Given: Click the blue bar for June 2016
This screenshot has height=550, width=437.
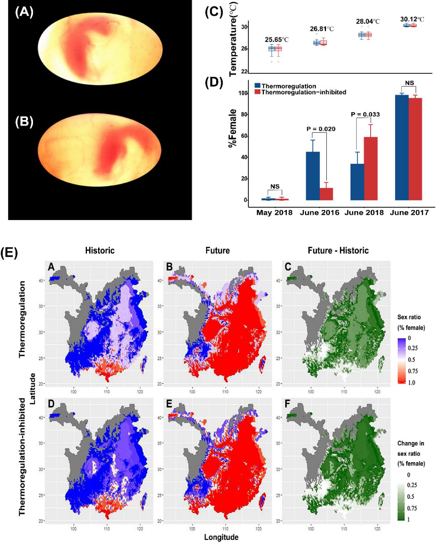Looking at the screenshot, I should (313, 176).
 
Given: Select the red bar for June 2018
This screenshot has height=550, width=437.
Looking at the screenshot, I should (371, 169).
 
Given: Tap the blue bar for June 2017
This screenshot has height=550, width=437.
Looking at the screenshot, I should (402, 147).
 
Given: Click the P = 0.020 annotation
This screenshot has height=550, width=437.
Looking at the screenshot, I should (321, 129).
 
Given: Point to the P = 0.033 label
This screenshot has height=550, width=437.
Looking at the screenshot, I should (365, 114).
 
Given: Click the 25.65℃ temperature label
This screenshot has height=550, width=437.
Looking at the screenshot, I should (276, 39).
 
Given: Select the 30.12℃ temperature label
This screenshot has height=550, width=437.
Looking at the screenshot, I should (412, 19).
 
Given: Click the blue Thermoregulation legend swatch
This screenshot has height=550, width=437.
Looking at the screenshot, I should (258, 86).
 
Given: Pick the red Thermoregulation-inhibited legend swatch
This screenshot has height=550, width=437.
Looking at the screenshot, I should (258, 92).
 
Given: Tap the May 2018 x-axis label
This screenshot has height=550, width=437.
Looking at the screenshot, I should (274, 212).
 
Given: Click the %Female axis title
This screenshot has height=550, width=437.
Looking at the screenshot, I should (233, 128).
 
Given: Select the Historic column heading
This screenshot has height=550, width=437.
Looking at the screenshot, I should (100, 251).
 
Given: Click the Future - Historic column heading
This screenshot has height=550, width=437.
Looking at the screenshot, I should (338, 251).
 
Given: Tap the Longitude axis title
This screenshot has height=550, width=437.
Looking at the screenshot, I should (221, 537).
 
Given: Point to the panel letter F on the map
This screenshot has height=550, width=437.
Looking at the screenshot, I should (287, 404).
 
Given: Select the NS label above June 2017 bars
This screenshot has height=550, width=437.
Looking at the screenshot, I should (409, 83).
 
